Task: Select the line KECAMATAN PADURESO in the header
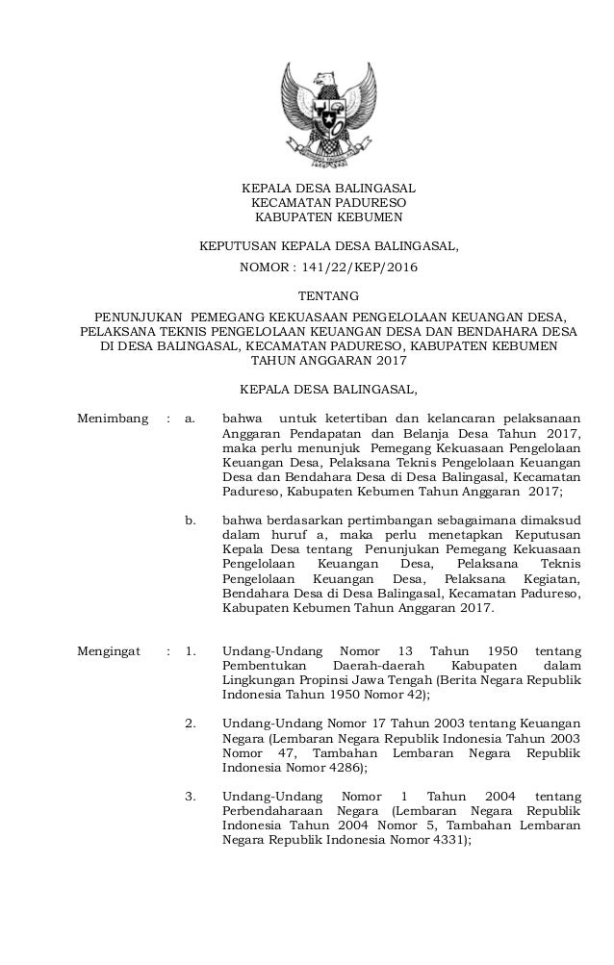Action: pos(328,204)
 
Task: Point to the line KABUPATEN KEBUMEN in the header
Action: pos(328,218)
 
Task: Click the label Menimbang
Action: pos(113,418)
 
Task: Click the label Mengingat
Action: pos(111,650)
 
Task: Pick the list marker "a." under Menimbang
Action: pos(190,418)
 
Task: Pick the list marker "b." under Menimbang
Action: pos(190,521)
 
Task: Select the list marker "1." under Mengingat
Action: pos(190,650)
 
